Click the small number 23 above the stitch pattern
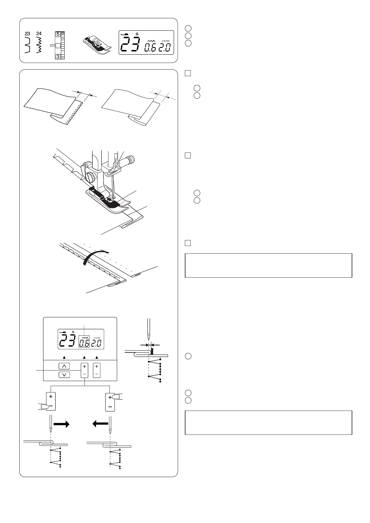coord(28,33)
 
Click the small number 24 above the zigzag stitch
coord(39,33)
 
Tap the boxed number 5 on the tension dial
coord(58,34)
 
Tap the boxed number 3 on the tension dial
coord(58,57)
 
